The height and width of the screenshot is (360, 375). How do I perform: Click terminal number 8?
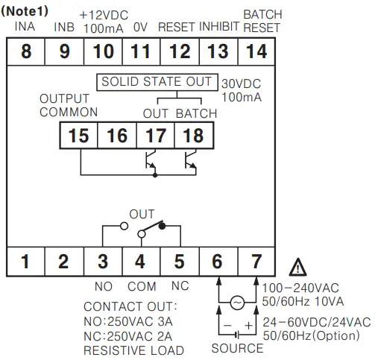click(25, 52)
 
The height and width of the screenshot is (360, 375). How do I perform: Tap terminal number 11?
click(141, 52)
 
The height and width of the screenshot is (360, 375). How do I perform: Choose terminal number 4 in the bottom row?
click(140, 262)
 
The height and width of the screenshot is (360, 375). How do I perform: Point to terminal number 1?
click(25, 262)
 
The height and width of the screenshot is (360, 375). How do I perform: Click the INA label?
click(25, 28)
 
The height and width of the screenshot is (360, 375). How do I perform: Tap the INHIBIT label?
click(219, 28)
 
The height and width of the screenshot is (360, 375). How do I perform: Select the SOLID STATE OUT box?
click(156, 81)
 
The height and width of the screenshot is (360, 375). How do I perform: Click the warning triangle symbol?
click(297, 266)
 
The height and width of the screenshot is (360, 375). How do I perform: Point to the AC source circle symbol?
click(237, 303)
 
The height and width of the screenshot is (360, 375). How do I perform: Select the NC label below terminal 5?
click(180, 285)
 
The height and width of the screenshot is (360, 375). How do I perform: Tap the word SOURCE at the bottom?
click(236, 349)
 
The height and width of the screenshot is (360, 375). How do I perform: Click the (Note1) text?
click(26, 7)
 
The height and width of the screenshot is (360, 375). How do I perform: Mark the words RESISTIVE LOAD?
click(133, 350)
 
